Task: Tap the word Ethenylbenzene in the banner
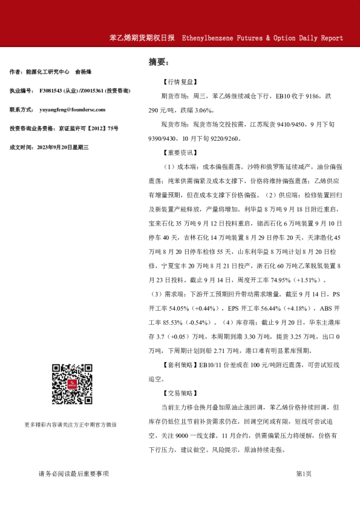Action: [x=209, y=37]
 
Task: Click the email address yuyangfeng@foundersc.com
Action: [x=72, y=109]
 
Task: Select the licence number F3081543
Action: [x=53, y=91]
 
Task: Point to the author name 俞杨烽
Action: [x=84, y=72]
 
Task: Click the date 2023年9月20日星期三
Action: [x=63, y=147]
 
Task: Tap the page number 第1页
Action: [x=304, y=473]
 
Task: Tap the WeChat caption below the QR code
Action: [x=71, y=424]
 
